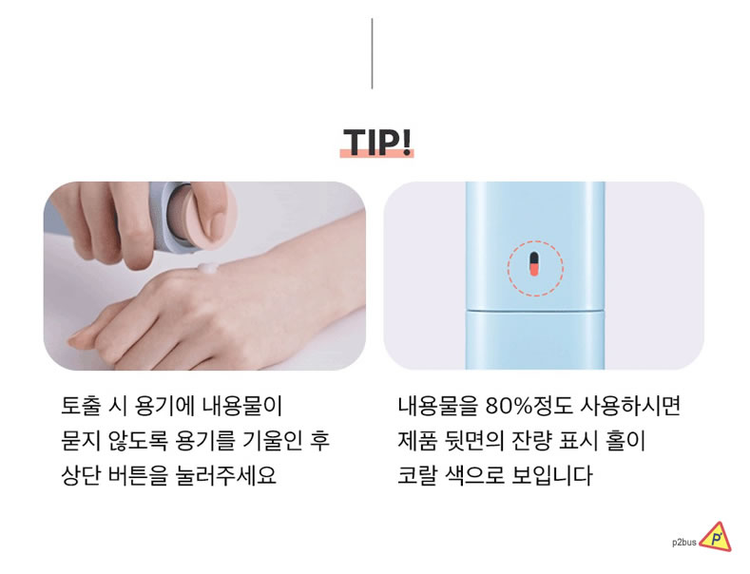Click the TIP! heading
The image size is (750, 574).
click(x=377, y=142)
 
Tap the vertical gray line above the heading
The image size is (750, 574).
click(x=372, y=53)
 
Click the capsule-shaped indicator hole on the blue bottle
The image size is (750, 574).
click(x=534, y=264)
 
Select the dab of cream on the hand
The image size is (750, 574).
click(x=206, y=267)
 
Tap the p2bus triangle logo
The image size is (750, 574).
click(x=716, y=538)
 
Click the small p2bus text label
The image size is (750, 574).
click(x=684, y=543)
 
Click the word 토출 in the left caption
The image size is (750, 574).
click(x=81, y=406)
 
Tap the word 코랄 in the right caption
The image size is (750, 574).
click(x=417, y=475)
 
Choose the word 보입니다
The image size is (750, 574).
click(x=552, y=475)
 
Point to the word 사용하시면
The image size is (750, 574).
click(x=629, y=406)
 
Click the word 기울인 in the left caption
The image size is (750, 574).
click(x=273, y=441)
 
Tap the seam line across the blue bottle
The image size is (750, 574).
click(x=535, y=310)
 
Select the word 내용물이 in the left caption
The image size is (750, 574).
click(x=242, y=406)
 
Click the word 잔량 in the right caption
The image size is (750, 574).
click(x=532, y=441)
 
